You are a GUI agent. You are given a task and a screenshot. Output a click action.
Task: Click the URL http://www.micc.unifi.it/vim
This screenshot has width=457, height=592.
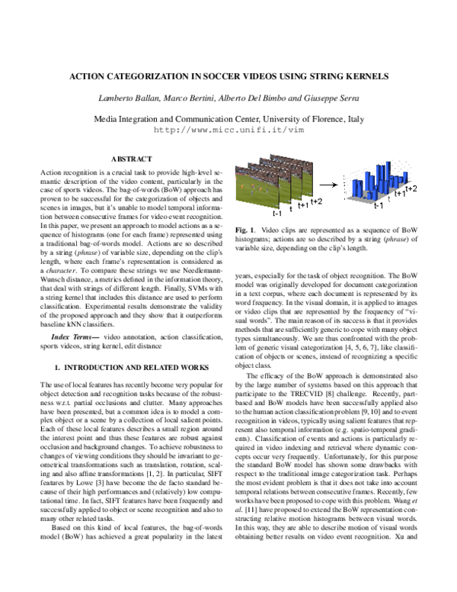coord(228,130)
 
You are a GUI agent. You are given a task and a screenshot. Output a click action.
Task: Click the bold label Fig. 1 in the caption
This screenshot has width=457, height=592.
coord(245,230)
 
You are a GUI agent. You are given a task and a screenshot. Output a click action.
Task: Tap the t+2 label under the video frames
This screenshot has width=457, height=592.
coord(315,201)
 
